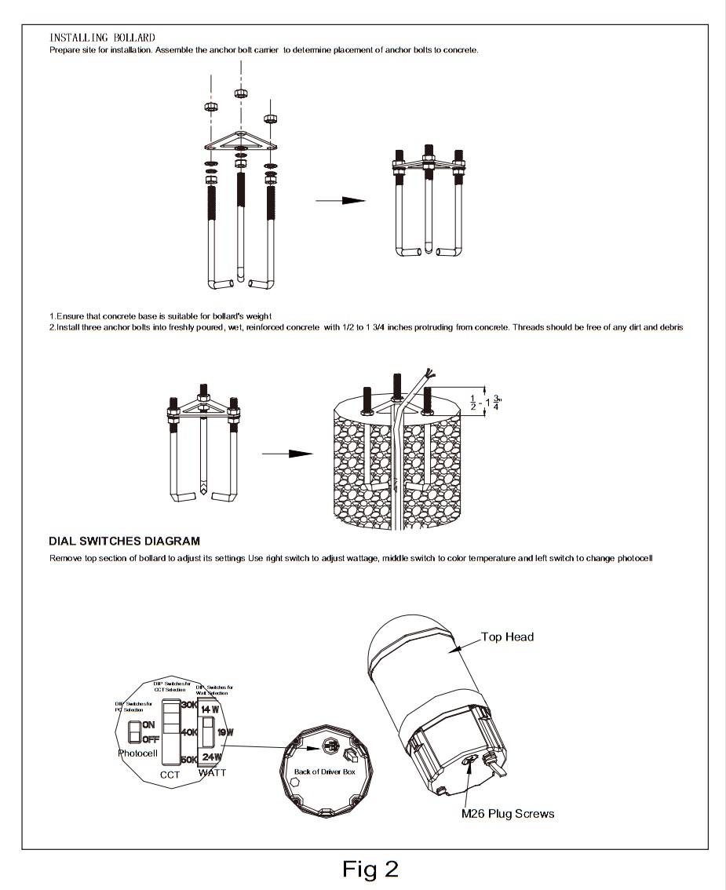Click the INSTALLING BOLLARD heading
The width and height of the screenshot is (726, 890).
pyautogui.click(x=102, y=38)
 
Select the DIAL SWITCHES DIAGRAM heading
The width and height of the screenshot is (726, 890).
pyautogui.click(x=124, y=541)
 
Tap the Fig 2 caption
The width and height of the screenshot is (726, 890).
pyautogui.click(x=370, y=869)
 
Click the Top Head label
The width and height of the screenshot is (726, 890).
pyautogui.click(x=507, y=636)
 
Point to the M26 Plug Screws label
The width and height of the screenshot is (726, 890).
pyautogui.click(x=507, y=813)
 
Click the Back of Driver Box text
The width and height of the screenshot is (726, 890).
pyautogui.click(x=325, y=771)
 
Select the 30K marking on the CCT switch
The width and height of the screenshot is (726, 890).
pyautogui.click(x=188, y=705)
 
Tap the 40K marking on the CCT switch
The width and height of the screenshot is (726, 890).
pyautogui.click(x=188, y=732)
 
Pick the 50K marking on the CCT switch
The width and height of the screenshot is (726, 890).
pyautogui.click(x=188, y=760)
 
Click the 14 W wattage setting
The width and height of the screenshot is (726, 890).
pyautogui.click(x=210, y=709)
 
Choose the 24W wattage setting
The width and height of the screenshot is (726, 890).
pyautogui.click(x=210, y=757)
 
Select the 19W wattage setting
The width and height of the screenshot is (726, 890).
pyautogui.click(x=224, y=732)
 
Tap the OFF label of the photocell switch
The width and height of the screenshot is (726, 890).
pyautogui.click(x=151, y=739)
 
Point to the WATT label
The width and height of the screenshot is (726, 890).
pyautogui.click(x=212, y=773)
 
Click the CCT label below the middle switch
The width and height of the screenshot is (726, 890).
pyautogui.click(x=170, y=775)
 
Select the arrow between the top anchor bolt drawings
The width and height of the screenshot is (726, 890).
pyautogui.click(x=341, y=201)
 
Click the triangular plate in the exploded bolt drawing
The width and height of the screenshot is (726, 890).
pyautogui.click(x=239, y=143)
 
